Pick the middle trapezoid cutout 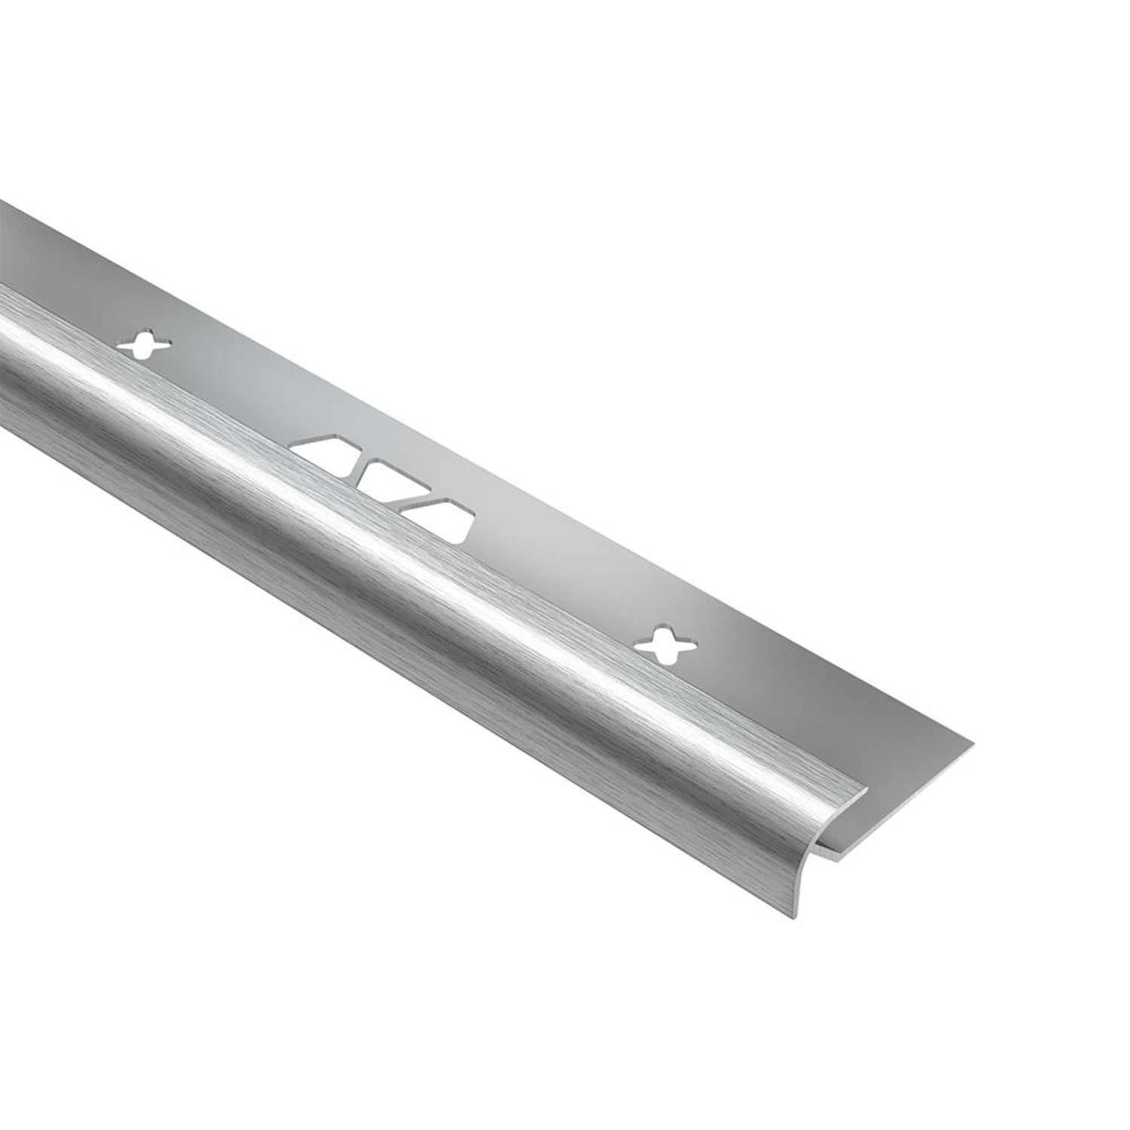point(389,480)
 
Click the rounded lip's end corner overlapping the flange point(866,790)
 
